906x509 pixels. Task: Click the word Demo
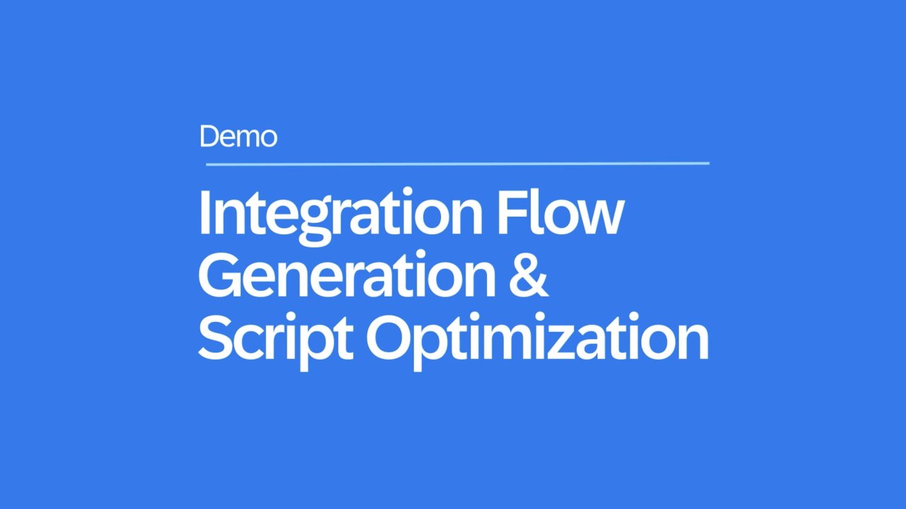click(239, 137)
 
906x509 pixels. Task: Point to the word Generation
click(347, 274)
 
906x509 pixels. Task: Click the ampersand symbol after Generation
click(528, 275)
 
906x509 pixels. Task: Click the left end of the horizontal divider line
click(207, 164)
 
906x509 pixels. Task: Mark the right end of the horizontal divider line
click(709, 164)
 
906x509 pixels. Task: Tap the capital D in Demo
click(210, 137)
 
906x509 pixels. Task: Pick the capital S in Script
click(215, 337)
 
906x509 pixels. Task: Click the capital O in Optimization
click(389, 337)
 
